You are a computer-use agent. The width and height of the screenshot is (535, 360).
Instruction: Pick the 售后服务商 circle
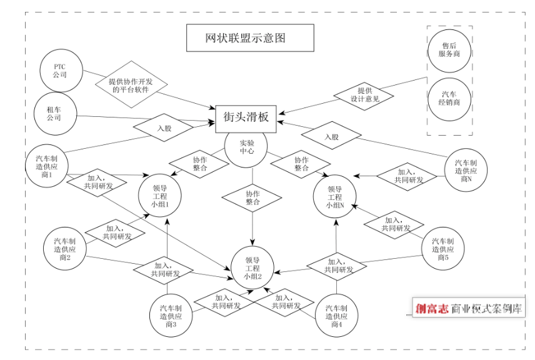pos(449,49)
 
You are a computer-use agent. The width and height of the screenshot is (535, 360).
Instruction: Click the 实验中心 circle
pos(246,147)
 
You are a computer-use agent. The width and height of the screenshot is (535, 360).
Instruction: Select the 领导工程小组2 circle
pos(252,267)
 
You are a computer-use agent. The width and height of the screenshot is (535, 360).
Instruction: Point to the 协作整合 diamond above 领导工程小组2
pos(252,197)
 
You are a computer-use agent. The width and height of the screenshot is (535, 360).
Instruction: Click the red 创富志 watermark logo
pos(431,307)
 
